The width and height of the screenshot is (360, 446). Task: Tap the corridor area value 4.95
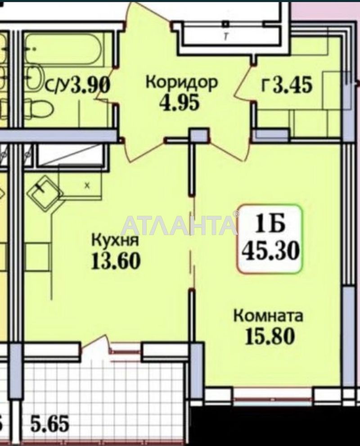pyautogui.click(x=179, y=103)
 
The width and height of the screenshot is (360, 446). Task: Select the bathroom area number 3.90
pyautogui.click(x=92, y=85)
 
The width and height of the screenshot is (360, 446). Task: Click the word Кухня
pyautogui.click(x=114, y=241)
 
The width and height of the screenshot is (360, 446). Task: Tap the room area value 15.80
pyautogui.click(x=270, y=336)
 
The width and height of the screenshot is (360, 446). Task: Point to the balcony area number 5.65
pyautogui.click(x=50, y=424)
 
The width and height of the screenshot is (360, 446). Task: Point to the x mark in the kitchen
pyautogui.click(x=87, y=185)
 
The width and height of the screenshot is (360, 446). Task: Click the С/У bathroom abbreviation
pyautogui.click(x=58, y=86)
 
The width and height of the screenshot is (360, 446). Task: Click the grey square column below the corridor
pyautogui.click(x=198, y=135)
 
